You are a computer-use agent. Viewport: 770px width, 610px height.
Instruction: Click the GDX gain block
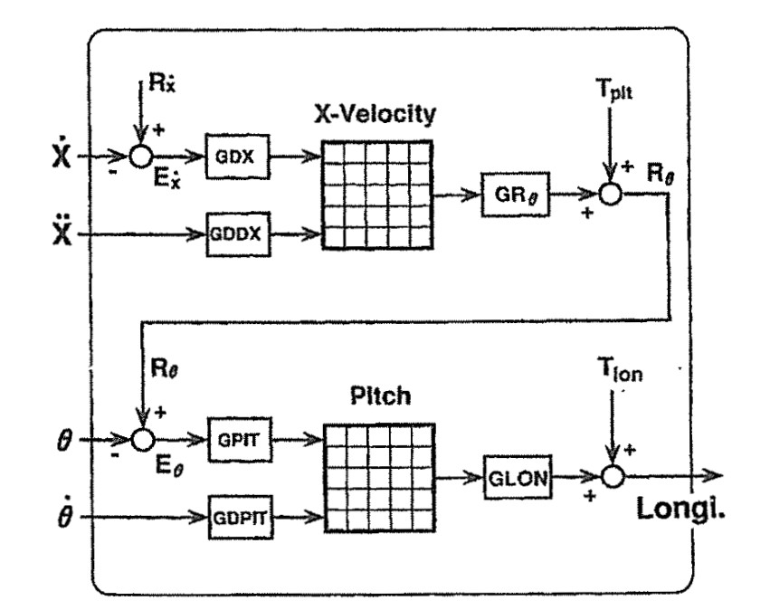click(232, 155)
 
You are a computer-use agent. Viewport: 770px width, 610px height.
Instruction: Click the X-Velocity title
click(375, 115)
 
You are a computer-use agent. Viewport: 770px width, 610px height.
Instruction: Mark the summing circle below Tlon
click(615, 474)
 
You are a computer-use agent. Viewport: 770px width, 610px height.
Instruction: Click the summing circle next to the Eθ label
click(142, 439)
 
